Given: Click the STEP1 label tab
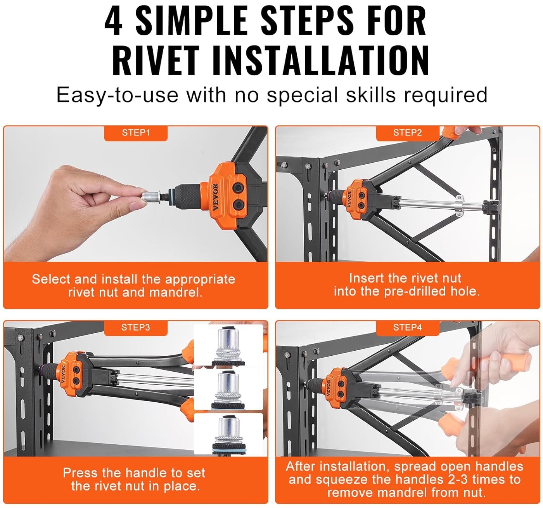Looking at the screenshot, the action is click(x=136, y=133).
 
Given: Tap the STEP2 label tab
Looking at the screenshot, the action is click(x=407, y=133).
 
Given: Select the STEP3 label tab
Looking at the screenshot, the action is click(x=136, y=328).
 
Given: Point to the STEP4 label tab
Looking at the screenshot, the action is click(x=407, y=328).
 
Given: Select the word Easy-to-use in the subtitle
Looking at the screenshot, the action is click(x=117, y=95).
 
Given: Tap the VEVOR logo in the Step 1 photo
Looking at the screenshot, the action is click(x=216, y=197).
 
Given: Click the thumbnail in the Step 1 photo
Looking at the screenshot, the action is click(x=136, y=206).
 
